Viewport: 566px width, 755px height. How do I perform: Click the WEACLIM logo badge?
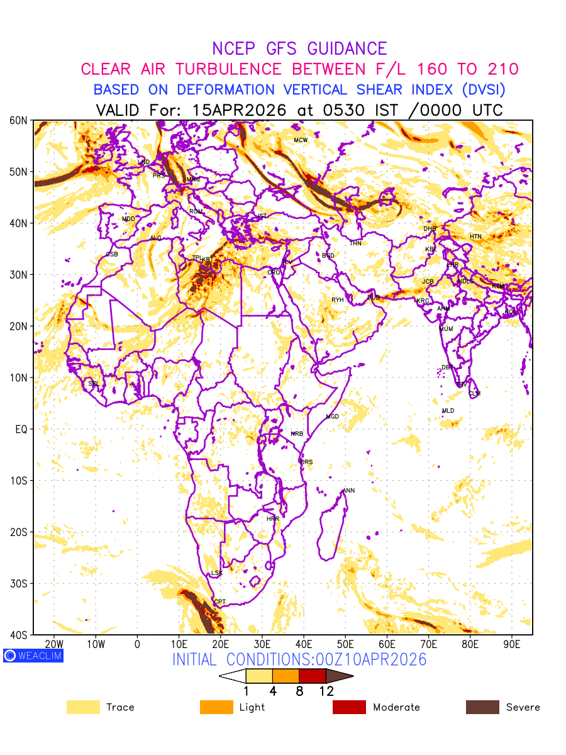tap(33, 656)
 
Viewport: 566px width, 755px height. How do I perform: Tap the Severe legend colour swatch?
tap(482, 707)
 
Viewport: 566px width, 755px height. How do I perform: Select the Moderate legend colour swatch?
tap(349, 707)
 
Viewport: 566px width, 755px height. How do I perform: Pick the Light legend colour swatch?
tap(216, 707)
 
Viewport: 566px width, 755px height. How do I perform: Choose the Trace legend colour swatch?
tap(83, 707)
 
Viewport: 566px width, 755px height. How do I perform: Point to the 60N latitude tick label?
tap(19, 120)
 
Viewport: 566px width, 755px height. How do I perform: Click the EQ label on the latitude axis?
tap(21, 429)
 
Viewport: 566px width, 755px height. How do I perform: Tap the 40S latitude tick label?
tap(19, 635)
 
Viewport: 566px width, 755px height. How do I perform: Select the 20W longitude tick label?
tap(54, 645)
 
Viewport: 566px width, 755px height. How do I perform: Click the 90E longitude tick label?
tap(512, 645)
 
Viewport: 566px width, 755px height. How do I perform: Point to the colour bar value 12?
tap(326, 691)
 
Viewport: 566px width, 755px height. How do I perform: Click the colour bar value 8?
tap(299, 691)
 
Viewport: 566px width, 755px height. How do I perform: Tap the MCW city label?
tap(301, 140)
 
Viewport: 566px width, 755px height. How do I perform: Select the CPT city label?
tap(219, 602)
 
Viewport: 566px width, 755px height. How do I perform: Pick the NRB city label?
tap(297, 434)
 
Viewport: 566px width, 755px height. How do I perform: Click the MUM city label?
tap(446, 329)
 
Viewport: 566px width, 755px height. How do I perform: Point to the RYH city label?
tap(338, 300)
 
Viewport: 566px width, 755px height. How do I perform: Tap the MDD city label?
tap(128, 219)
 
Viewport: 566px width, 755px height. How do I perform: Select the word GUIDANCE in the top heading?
tap(347, 48)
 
